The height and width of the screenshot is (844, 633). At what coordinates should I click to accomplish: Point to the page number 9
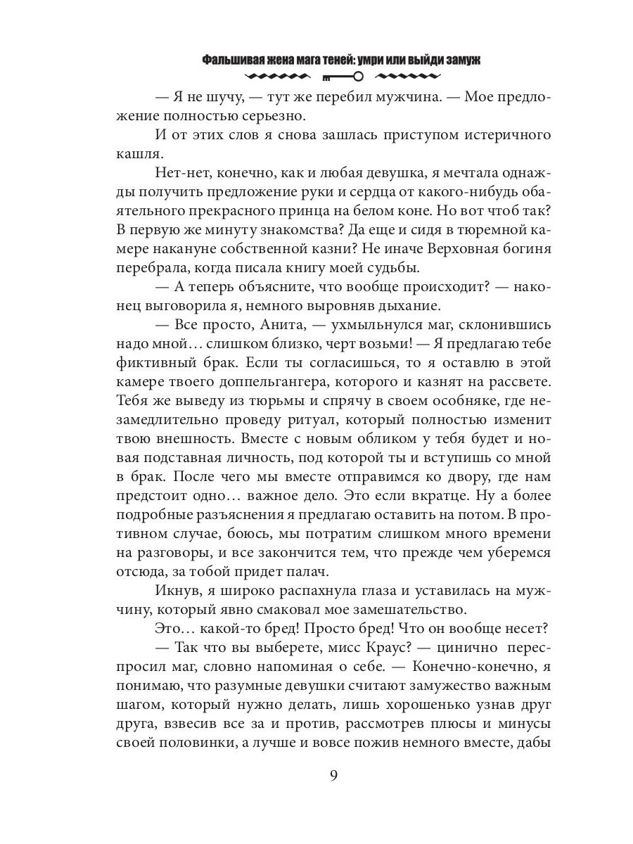click(x=334, y=776)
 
